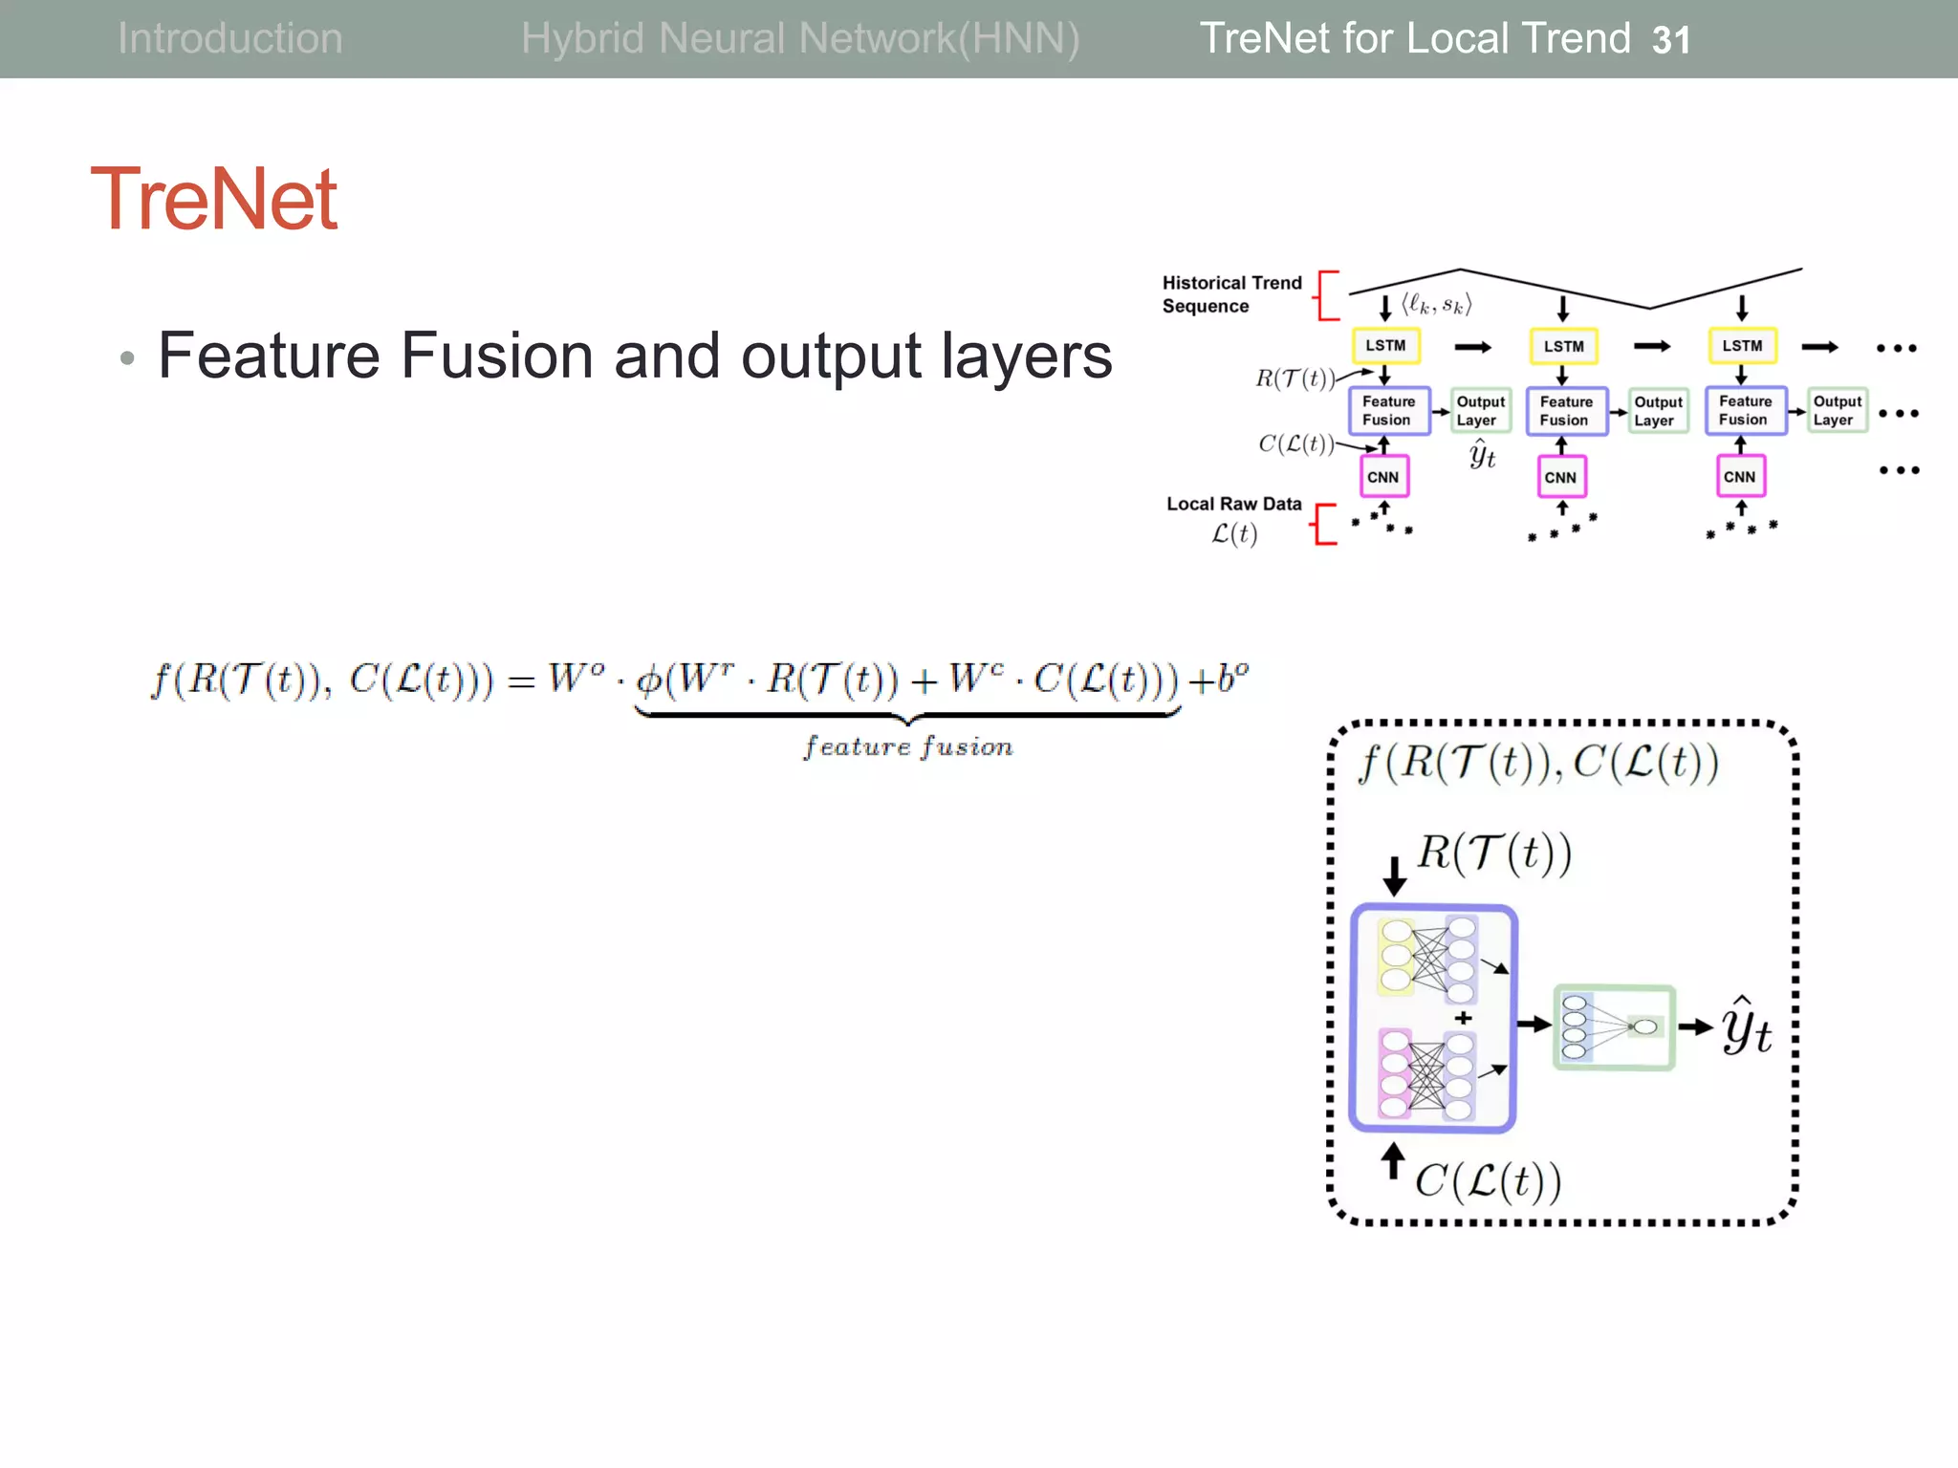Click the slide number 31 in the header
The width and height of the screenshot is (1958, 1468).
tap(1670, 40)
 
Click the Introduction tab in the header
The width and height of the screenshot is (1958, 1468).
tap(229, 39)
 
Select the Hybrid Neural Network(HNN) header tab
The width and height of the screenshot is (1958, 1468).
tap(800, 39)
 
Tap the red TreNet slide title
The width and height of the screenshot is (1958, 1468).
tap(214, 199)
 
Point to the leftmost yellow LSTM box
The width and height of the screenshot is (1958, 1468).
tap(1385, 346)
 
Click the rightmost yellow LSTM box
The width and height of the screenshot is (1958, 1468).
tap(1742, 346)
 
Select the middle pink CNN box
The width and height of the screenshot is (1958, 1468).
tap(1560, 477)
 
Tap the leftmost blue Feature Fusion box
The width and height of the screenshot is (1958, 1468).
tap(1388, 411)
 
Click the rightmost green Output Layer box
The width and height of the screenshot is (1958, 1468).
tap(1837, 411)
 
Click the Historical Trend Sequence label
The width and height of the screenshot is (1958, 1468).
tap(1231, 294)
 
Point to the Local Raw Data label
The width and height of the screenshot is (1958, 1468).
tap(1233, 504)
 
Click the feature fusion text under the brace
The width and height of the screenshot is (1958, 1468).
tap(907, 746)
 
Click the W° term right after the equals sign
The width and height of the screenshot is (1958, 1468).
tap(576, 679)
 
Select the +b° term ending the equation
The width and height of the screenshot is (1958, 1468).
tap(1218, 679)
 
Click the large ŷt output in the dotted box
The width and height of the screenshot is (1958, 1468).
tap(1746, 1027)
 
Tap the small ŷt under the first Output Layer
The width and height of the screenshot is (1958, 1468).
tap(1482, 454)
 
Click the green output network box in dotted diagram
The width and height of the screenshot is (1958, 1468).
tap(1614, 1027)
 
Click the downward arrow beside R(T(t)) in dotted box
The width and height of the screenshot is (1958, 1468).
tap(1394, 874)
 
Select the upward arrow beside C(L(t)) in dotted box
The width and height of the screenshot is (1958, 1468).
tap(1393, 1162)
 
